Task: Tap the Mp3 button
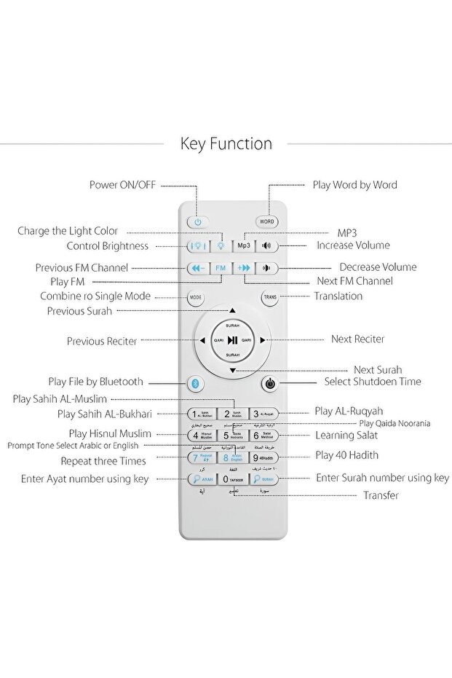pos(243,245)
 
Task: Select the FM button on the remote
pos(221,268)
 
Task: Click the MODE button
pos(196,297)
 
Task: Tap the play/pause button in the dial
pos(232,340)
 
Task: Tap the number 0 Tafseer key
pos(232,480)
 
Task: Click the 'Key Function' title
pos(226,143)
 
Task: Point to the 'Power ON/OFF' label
pos(122,185)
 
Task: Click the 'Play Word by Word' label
pos(354,185)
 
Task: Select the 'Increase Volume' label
pos(353,245)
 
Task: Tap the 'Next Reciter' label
pos(357,339)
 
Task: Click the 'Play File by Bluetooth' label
pos(95,382)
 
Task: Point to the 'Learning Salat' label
pos(346,435)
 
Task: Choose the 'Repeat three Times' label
pos(103,461)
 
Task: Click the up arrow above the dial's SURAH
pos(232,310)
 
